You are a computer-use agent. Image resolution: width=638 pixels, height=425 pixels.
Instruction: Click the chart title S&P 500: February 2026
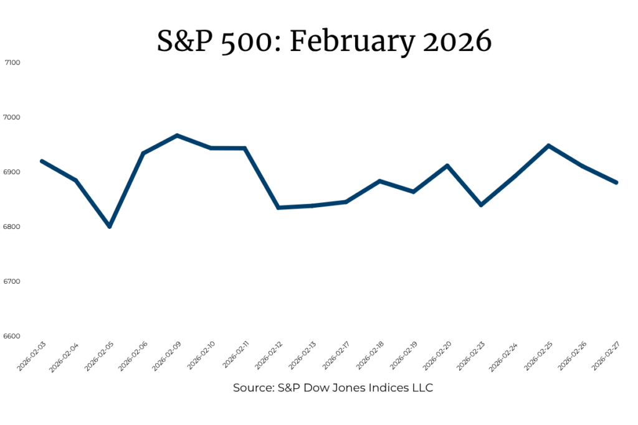click(324, 42)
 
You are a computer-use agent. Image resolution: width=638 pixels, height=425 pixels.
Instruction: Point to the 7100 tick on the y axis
click(12, 63)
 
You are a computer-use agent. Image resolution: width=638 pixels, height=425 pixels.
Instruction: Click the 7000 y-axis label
click(11, 118)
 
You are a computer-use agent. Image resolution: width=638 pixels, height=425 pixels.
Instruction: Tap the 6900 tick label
click(11, 172)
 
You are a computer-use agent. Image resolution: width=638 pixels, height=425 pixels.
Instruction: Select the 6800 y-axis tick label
click(11, 227)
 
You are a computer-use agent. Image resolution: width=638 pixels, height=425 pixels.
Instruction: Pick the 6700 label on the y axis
click(11, 282)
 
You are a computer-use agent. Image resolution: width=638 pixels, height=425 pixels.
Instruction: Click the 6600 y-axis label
click(11, 337)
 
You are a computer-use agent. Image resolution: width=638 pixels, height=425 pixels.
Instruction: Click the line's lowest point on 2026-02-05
click(110, 227)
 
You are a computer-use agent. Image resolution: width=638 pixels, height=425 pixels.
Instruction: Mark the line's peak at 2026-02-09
click(178, 135)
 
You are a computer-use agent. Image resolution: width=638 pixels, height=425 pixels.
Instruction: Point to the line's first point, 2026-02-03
click(42, 161)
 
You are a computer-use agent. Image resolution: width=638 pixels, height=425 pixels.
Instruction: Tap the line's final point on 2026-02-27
click(616, 182)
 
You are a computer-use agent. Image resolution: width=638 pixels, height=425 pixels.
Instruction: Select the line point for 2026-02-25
click(549, 146)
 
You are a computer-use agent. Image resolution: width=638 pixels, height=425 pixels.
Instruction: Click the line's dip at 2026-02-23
click(482, 205)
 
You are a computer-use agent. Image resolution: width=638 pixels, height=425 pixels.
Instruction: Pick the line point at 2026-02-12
click(279, 208)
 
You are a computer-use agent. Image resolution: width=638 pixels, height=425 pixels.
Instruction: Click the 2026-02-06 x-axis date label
click(133, 356)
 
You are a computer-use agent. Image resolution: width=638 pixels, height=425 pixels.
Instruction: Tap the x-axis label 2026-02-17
click(336, 356)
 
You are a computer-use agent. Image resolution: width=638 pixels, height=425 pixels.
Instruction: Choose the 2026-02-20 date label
click(437, 356)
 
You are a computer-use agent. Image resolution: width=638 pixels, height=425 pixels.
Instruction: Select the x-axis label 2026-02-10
click(201, 356)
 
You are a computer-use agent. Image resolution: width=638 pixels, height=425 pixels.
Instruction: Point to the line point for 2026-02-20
click(447, 166)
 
